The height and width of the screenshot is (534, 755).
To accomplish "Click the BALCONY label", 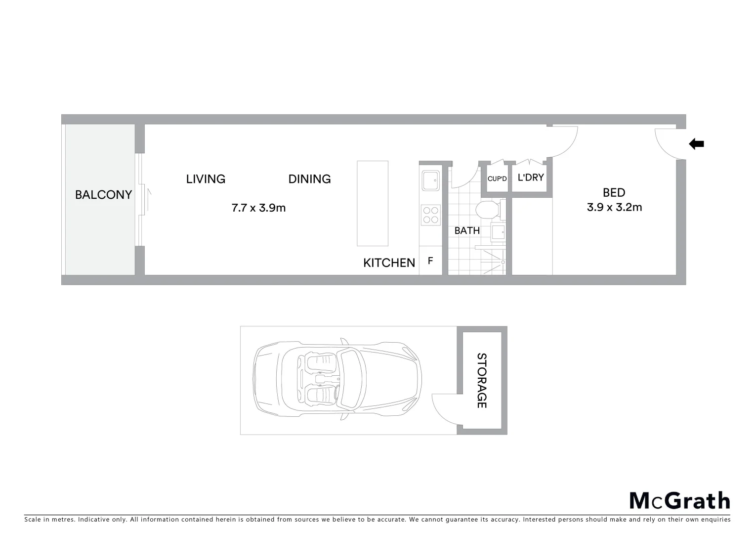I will click(x=103, y=195).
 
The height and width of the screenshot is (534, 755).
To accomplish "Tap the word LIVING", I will click(x=206, y=179).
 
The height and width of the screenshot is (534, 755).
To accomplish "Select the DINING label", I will click(x=309, y=179).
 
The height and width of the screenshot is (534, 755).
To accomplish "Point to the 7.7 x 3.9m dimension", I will click(x=258, y=208).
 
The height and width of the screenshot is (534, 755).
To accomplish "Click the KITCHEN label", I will click(x=389, y=263).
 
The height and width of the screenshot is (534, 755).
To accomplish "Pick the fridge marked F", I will click(x=430, y=261).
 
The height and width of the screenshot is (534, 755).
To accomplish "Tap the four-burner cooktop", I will click(x=430, y=215).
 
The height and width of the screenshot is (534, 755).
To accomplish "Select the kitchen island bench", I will click(x=373, y=203).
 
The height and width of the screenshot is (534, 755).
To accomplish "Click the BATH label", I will click(x=467, y=230).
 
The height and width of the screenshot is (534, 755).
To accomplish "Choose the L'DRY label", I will click(x=531, y=177).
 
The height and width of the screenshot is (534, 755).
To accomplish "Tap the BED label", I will click(x=614, y=193).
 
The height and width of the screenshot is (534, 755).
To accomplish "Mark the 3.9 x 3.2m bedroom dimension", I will click(x=614, y=207).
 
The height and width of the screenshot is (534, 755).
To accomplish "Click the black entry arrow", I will click(x=697, y=144).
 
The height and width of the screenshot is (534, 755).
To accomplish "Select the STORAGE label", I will click(x=481, y=380).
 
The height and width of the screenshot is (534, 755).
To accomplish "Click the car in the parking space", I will click(x=337, y=380).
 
